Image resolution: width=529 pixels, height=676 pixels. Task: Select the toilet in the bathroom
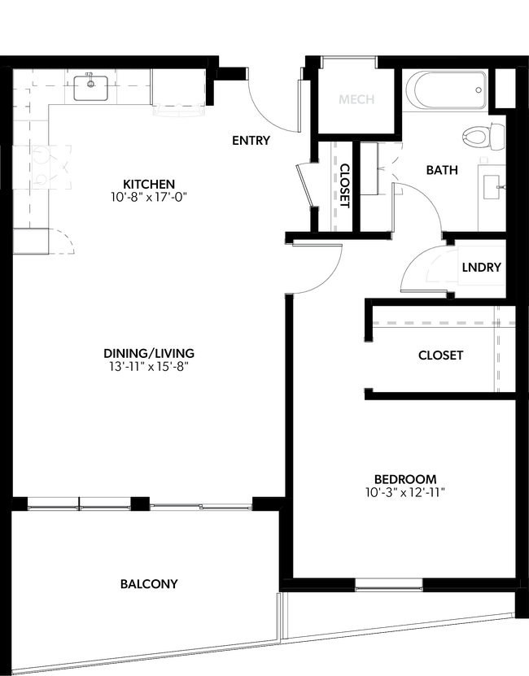point(475,136)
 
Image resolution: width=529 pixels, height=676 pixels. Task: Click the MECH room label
point(356,100)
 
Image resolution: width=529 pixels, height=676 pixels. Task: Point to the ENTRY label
point(251,141)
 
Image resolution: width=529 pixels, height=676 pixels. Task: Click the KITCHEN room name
point(149,184)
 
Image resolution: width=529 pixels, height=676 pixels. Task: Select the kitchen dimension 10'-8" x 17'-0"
point(149,196)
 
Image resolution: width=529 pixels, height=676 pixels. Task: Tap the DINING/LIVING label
point(149,353)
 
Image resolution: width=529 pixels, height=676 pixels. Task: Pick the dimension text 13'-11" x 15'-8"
point(149,366)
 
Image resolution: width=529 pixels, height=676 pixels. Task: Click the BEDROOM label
point(405,479)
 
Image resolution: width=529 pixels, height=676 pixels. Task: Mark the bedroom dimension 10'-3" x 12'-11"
point(405,492)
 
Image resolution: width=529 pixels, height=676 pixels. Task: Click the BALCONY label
point(149,584)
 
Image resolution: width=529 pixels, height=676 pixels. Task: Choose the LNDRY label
point(481,268)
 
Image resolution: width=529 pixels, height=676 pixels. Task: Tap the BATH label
point(442,171)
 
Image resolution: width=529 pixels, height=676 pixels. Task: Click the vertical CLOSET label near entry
point(344,186)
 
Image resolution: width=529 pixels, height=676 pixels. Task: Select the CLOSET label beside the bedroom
point(440,355)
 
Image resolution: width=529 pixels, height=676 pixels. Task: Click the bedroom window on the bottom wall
point(389,583)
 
